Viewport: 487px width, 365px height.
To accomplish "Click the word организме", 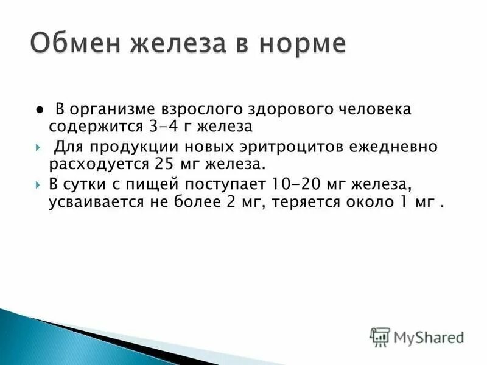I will pyautogui.click(x=107, y=110).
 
